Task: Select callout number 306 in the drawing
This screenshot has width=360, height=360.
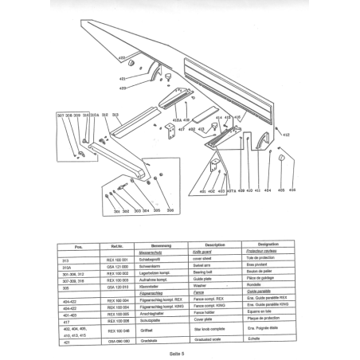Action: [x=158, y=211]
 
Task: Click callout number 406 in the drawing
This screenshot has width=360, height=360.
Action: [x=292, y=191]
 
